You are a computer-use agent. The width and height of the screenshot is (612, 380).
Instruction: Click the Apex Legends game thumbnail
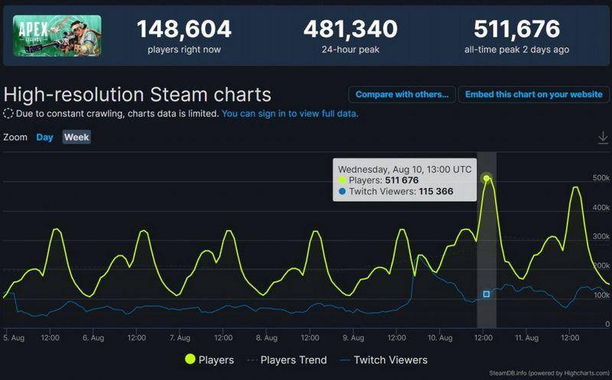tap(57, 36)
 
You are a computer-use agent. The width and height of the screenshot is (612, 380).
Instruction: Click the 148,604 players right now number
tap(184, 29)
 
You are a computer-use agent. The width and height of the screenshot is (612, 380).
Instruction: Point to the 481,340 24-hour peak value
tap(350, 29)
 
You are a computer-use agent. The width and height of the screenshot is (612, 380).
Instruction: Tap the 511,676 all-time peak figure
tap(517, 29)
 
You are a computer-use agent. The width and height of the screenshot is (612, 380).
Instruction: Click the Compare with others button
tap(402, 94)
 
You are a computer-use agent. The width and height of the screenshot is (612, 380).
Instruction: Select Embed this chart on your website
tap(533, 94)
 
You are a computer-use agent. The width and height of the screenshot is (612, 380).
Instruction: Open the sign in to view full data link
tap(290, 113)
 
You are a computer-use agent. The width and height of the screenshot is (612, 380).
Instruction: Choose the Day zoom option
tap(44, 138)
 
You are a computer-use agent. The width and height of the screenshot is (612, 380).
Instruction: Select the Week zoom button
tap(76, 137)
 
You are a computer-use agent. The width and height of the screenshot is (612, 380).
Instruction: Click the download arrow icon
tap(603, 138)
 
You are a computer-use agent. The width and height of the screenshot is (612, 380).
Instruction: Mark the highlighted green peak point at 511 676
tap(487, 178)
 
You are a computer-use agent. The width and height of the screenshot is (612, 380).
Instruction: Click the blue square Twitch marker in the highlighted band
tap(487, 294)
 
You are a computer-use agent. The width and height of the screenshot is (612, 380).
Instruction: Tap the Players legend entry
tap(210, 359)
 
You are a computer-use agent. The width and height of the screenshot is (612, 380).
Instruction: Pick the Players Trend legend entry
tap(288, 359)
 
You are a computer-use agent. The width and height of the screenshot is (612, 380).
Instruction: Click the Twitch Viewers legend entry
tap(384, 359)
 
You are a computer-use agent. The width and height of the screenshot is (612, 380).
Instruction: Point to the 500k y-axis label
tap(601, 178)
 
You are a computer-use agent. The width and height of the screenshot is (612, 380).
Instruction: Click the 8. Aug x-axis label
tap(266, 337)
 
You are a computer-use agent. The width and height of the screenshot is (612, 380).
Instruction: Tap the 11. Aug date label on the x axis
tap(526, 337)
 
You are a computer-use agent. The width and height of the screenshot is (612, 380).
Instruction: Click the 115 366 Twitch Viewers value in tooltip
tap(436, 191)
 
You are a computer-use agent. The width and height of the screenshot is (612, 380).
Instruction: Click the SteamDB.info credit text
tap(549, 373)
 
